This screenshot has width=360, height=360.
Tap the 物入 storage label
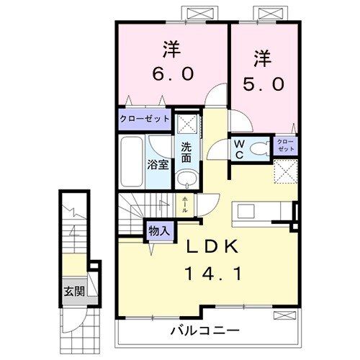(x=158, y=230)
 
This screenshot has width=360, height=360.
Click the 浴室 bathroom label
(x=159, y=164)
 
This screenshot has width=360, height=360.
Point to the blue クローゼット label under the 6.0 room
(x=144, y=119)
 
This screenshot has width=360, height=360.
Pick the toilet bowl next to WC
(x=260, y=149)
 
